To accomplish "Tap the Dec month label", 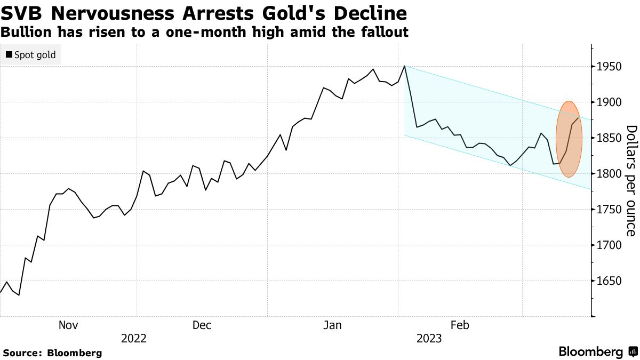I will [x=202, y=325].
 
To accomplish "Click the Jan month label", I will [x=333, y=325].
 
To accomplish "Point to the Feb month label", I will [x=460, y=325].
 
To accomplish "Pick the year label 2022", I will [x=134, y=338].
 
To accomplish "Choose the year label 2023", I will [x=428, y=338].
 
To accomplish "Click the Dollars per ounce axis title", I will [x=631, y=181].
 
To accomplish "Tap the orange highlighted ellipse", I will [x=569, y=139].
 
